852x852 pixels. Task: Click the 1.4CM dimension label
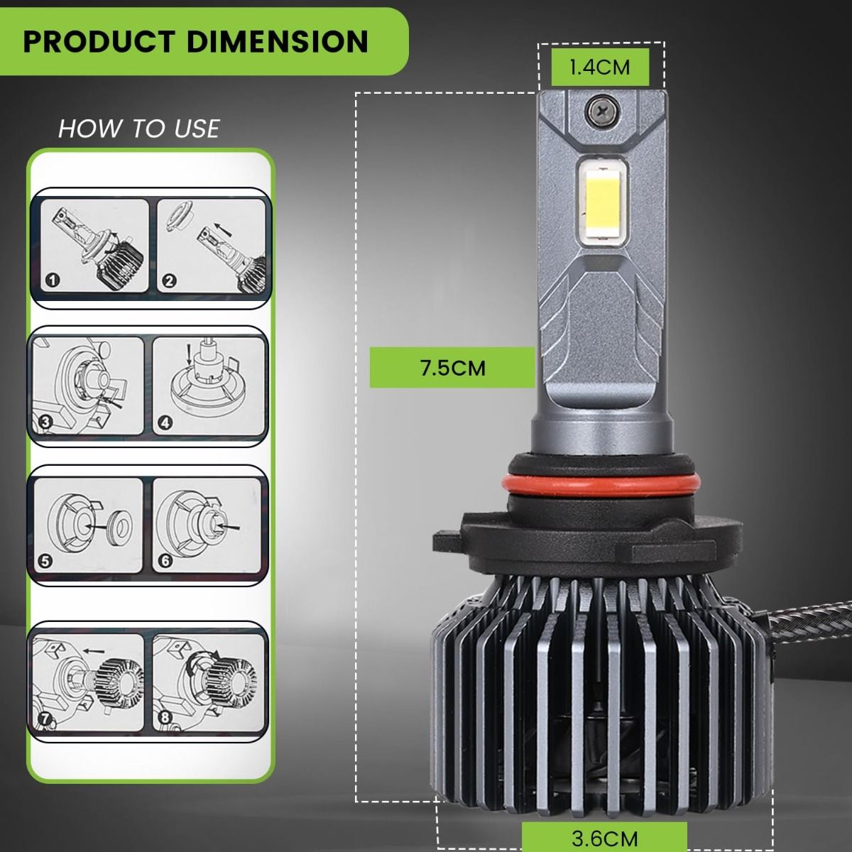pyautogui.click(x=599, y=67)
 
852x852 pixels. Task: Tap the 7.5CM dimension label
pyautogui.click(x=452, y=368)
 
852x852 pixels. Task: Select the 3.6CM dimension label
pyautogui.click(x=604, y=838)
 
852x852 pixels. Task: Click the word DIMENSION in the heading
pyautogui.click(x=277, y=42)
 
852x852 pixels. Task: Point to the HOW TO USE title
pyautogui.click(x=139, y=129)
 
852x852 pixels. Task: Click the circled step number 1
pyautogui.click(x=53, y=280)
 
